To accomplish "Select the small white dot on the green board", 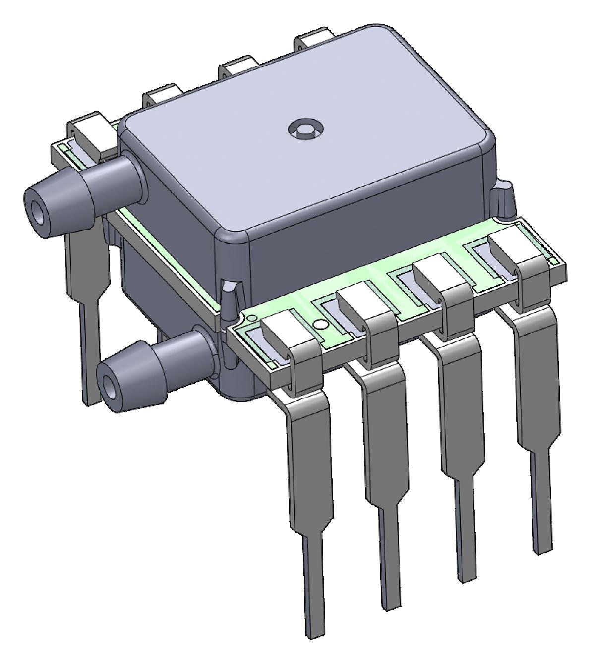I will click(321, 325).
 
